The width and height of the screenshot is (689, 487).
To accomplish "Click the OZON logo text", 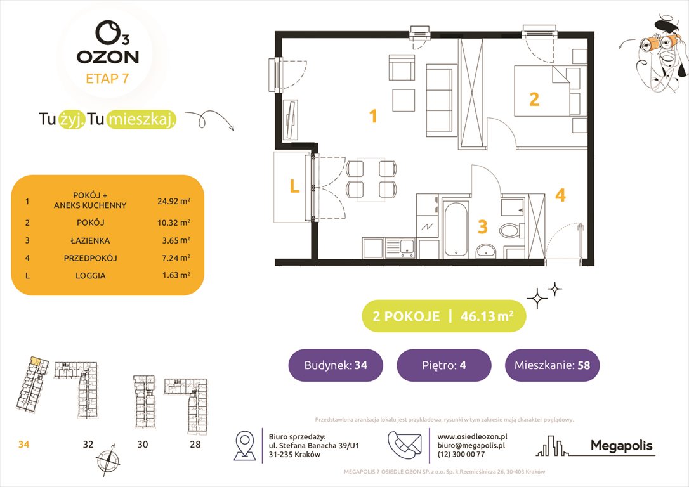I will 107,56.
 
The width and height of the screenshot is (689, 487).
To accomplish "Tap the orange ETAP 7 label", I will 107,79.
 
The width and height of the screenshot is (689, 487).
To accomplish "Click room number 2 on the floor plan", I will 534,100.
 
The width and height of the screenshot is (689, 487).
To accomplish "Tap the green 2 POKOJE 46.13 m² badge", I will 443,316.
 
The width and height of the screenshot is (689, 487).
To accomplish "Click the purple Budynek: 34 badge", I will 336,365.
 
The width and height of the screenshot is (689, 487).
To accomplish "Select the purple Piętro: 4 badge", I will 443,365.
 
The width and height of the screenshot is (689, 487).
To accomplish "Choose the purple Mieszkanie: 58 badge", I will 552,365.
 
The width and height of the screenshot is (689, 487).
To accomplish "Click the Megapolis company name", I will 621,446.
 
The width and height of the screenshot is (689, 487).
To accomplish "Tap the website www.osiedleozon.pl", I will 472,436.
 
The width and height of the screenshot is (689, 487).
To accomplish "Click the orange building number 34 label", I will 23,445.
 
